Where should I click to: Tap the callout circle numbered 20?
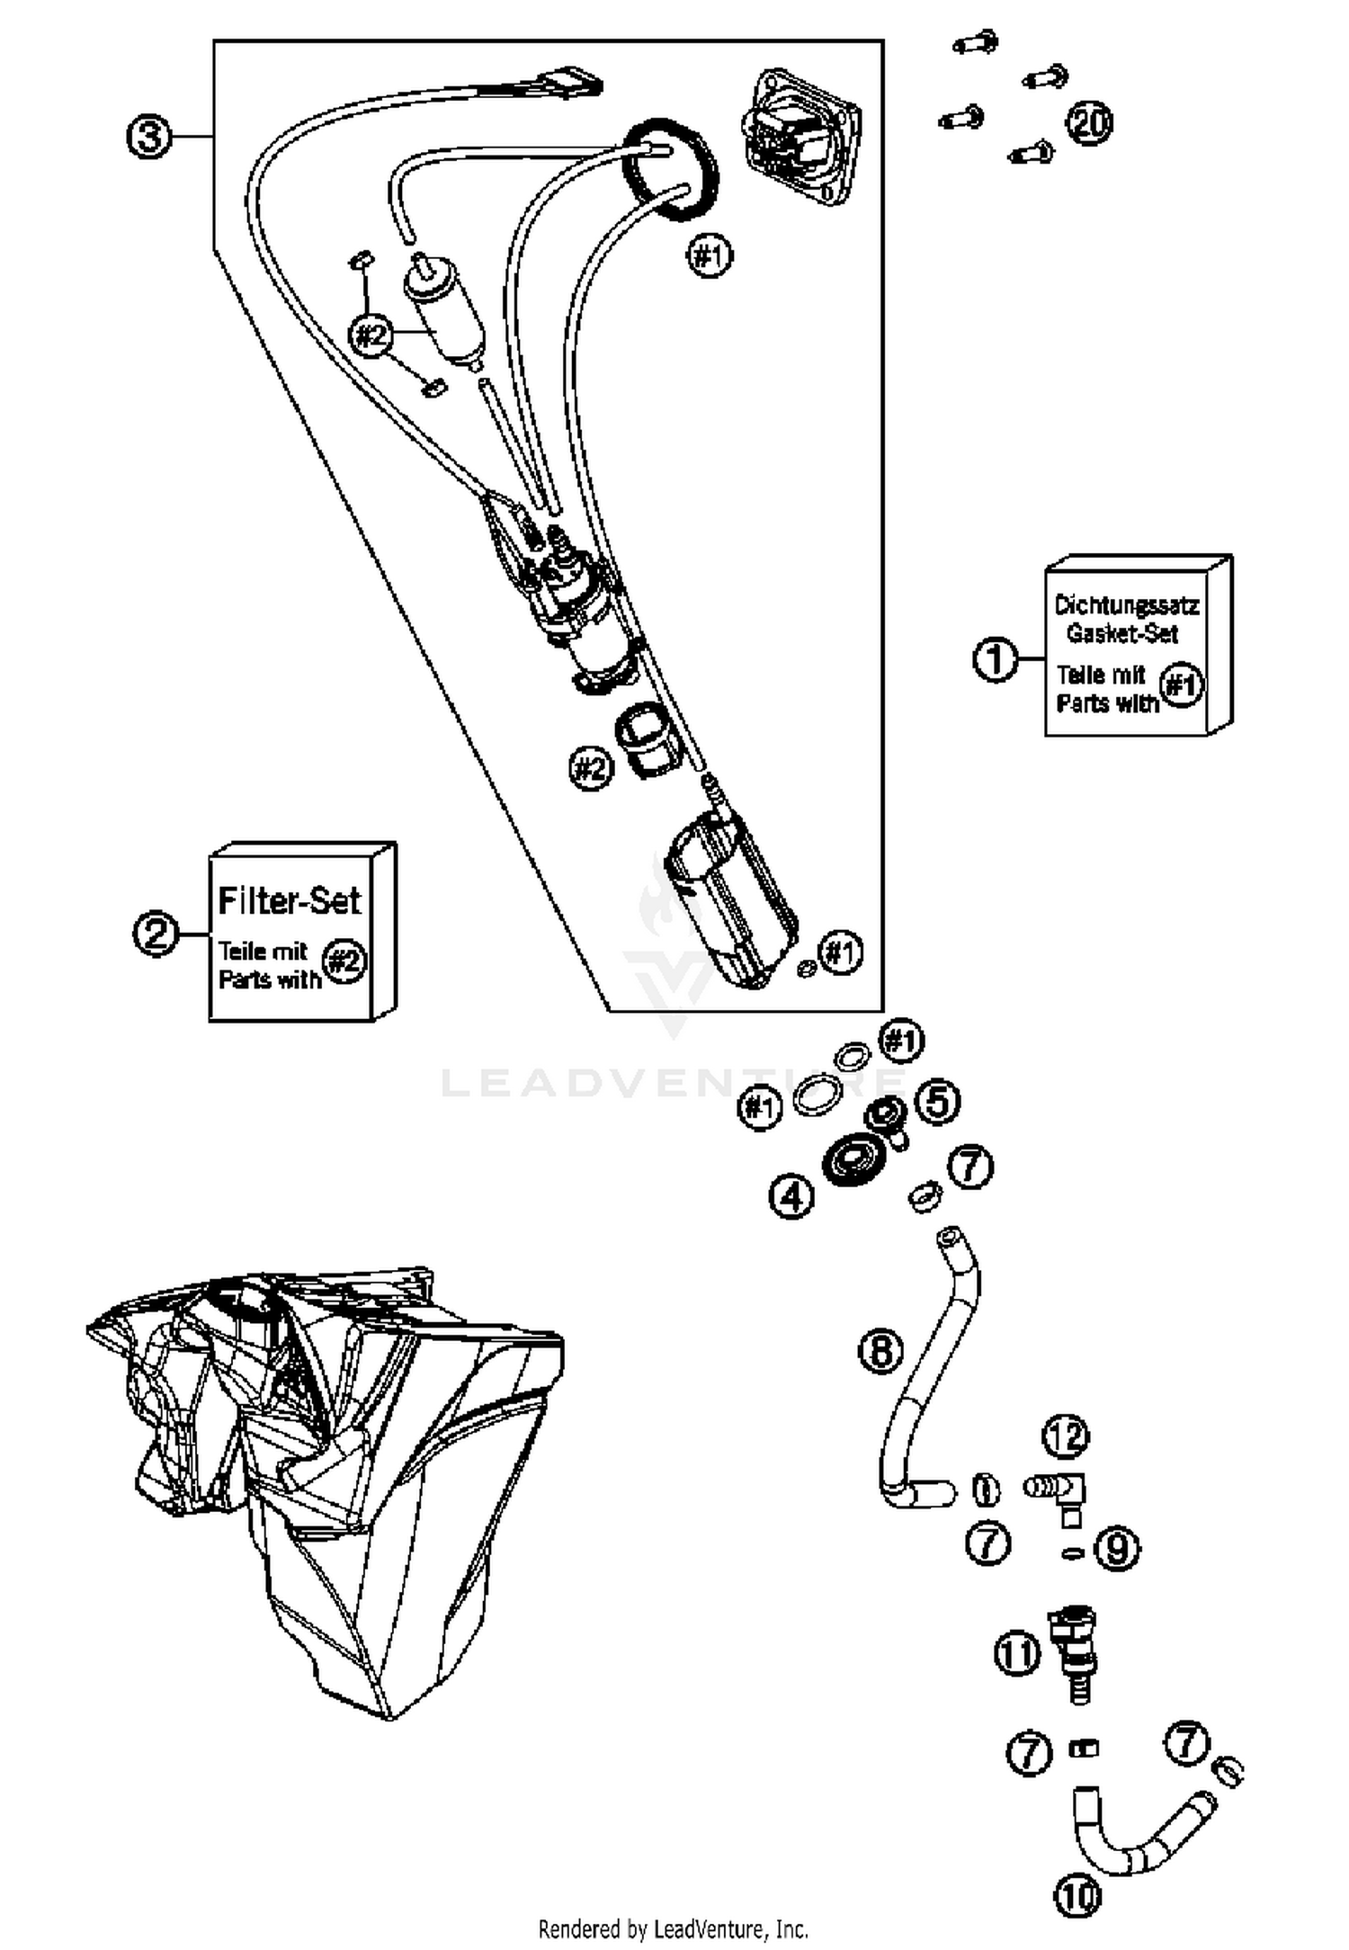(x=1088, y=123)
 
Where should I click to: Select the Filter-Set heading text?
(x=290, y=900)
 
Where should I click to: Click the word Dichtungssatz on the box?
(x=1125, y=604)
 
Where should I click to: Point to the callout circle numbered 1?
(x=996, y=659)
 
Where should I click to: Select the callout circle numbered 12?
(x=1065, y=1437)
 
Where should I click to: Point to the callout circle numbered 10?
(x=1077, y=1896)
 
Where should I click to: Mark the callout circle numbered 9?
(x=1117, y=1549)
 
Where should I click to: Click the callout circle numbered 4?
(x=791, y=1196)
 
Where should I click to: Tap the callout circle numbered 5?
(x=937, y=1101)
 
